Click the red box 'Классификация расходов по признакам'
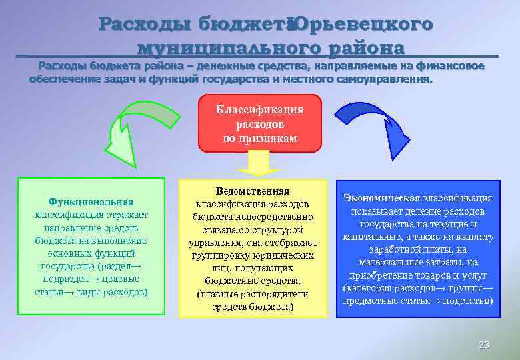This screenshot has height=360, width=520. [x=259, y=123]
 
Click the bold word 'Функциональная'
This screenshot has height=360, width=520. [x=91, y=201]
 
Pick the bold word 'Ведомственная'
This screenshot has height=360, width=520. [x=253, y=191]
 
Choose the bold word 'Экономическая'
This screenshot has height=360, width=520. [x=381, y=198]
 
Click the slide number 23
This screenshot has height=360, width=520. [x=484, y=345]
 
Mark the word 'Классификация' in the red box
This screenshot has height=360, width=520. [x=259, y=109]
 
